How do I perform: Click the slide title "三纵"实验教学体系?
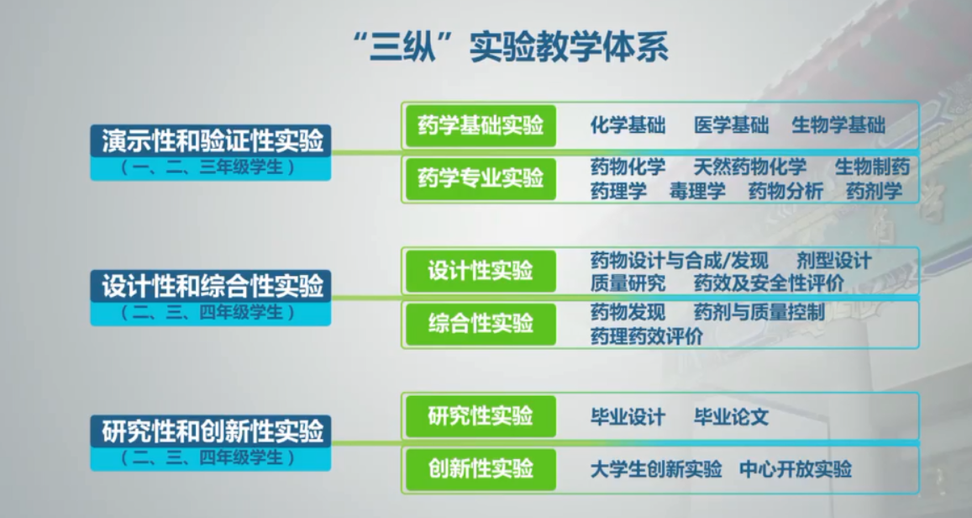pos(510,47)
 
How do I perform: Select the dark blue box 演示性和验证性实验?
pos(211,140)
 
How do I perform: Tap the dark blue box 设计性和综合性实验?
pos(211,286)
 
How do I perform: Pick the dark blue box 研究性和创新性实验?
pos(211,431)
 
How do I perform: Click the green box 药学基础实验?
pos(481,126)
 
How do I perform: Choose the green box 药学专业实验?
pos(481,178)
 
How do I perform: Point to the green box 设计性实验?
pos(481,271)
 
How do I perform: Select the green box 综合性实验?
pos(481,323)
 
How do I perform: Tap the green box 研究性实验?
pos(481,416)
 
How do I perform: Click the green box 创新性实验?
pos(481,469)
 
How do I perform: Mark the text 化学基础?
pos(628,125)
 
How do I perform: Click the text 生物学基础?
pos(838,125)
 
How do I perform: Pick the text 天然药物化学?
pos(750,166)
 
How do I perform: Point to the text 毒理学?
pos(697,191)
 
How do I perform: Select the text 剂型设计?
pos(833,261)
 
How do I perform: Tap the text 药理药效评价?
pos(647,336)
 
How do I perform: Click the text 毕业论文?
pos(732,417)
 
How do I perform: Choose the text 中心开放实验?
pos(796,469)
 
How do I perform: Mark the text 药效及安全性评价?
pos(769,283)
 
